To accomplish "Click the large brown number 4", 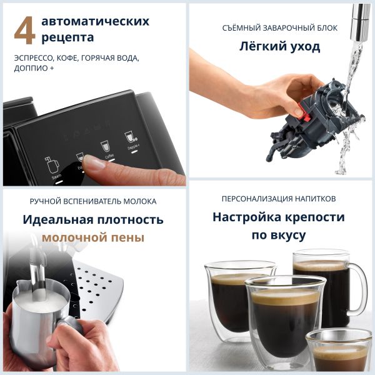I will click(24, 31).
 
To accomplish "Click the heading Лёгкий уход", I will click(280, 46).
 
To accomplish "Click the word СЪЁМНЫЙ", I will click(244, 28).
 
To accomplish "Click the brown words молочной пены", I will click(93, 237).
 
